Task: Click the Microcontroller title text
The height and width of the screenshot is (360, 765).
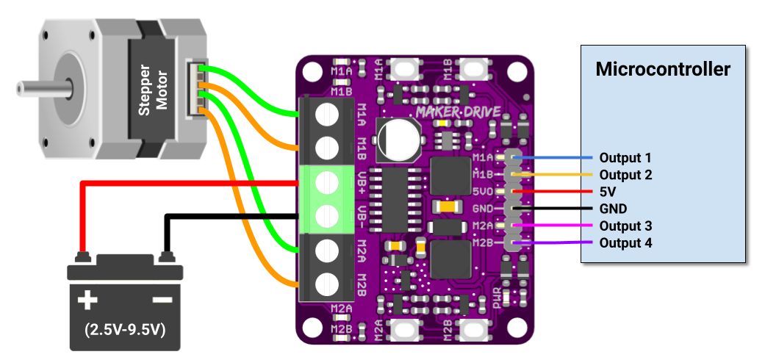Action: coord(663,69)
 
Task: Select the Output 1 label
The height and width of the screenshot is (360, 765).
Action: coord(625,158)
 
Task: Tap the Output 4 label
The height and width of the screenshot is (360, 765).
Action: coord(625,243)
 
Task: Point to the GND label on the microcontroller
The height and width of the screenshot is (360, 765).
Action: coord(614,209)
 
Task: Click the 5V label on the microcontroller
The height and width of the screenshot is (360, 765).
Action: coord(608,192)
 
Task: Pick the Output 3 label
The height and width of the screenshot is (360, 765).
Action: coord(625,226)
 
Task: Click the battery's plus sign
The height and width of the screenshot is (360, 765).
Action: coord(88,300)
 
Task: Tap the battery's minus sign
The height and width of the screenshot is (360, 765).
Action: coord(161,300)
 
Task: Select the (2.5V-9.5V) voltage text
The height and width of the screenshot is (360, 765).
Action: coord(124,328)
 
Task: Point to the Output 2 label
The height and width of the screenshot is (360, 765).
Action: coord(625,175)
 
